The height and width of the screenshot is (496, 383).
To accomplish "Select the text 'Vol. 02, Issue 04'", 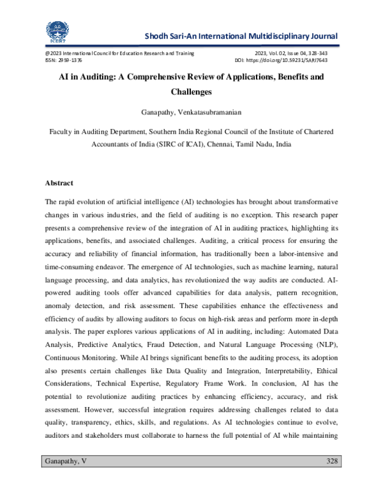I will coord(284,53).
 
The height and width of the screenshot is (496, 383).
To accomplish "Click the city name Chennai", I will coord(231,144).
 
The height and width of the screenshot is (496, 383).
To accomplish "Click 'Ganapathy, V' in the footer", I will coord(66,461).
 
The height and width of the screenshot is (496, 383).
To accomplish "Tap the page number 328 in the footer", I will coord(332,461).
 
